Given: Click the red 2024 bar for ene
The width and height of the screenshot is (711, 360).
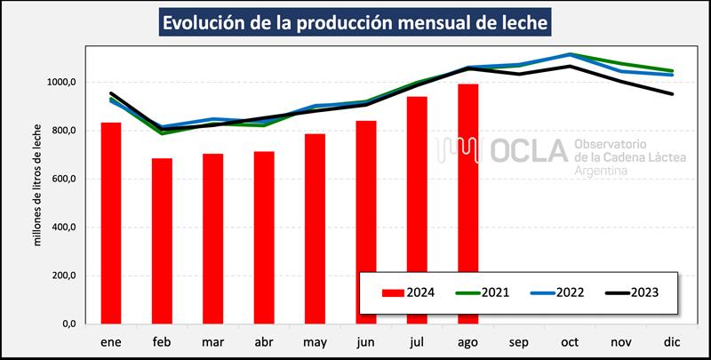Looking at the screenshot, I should point(111,222).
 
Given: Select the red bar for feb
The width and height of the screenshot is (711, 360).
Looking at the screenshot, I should point(162,241).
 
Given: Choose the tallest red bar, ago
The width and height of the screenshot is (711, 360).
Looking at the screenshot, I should point(468,204).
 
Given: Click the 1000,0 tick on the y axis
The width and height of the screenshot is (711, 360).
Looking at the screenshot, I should point(64,82).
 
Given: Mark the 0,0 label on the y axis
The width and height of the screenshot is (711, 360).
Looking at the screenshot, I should point(72,324).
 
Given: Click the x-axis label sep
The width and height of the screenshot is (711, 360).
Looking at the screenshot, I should point(519,342).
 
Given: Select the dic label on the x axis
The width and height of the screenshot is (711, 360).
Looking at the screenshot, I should point(673,342).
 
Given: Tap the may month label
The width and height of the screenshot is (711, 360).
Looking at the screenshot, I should point(315,342).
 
